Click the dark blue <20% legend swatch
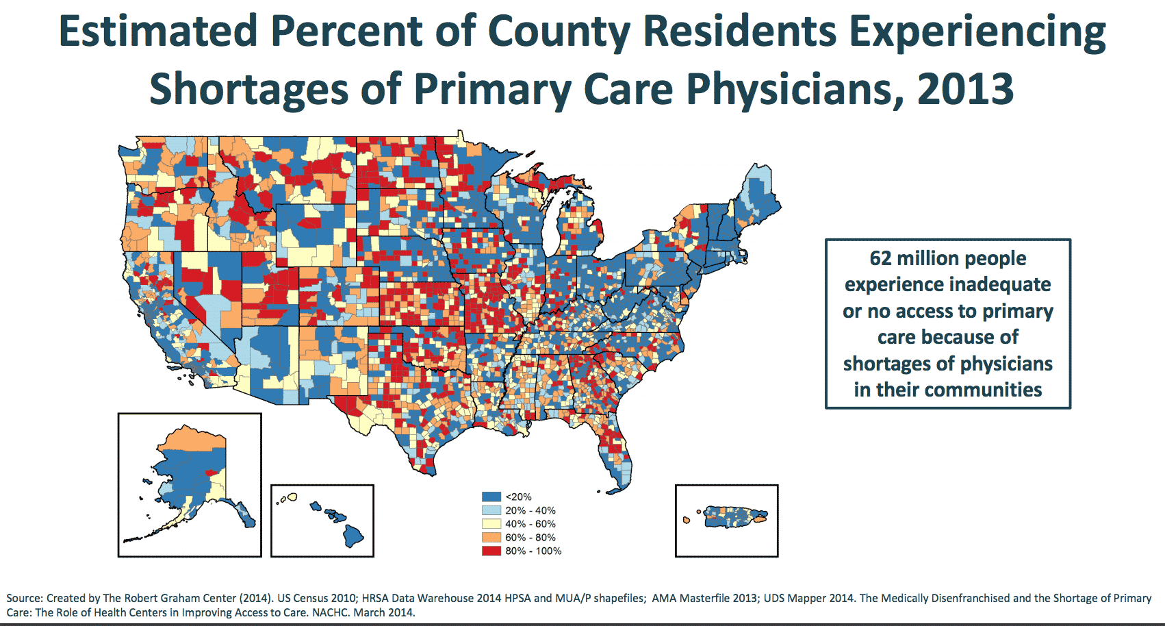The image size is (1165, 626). point(491,497)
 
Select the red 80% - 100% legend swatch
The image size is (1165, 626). point(491,551)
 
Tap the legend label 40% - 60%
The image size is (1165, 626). point(530,524)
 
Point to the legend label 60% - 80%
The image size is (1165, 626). point(530,538)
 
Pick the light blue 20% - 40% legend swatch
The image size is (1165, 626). point(491,510)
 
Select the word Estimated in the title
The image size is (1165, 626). point(158,32)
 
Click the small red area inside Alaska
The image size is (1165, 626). point(211,472)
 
